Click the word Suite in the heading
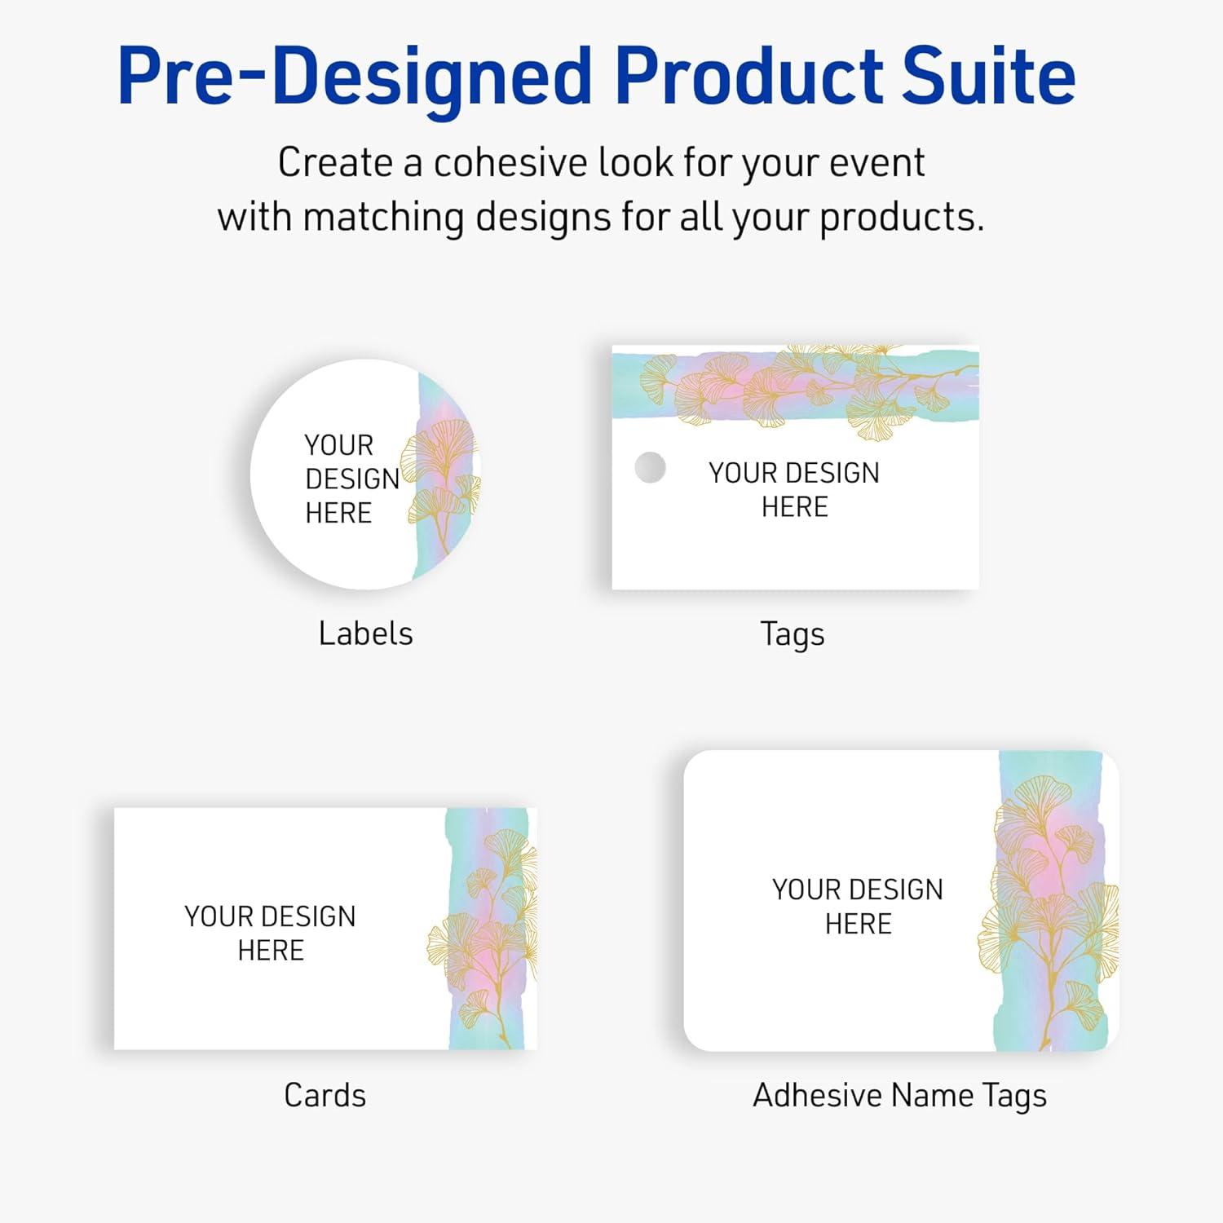tap(986, 76)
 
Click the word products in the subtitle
tap(901, 218)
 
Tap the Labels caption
tap(365, 634)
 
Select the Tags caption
tap(792, 634)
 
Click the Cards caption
tap(325, 1095)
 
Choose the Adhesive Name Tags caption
tap(899, 1095)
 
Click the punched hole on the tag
tap(650, 468)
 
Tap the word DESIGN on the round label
tap(352, 479)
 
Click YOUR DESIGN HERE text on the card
tap(270, 933)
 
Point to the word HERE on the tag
tap(794, 507)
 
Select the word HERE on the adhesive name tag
tap(858, 924)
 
